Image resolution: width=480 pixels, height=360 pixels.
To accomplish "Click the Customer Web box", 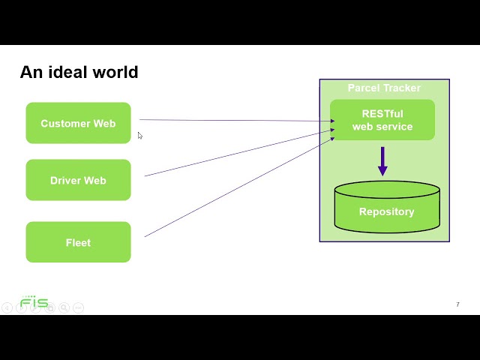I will coord(78,123).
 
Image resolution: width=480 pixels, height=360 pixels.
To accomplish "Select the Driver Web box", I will coord(78,180).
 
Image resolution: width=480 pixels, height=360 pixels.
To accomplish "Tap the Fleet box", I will coord(78,242).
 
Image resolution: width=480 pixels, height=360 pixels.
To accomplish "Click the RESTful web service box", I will coord(382,120).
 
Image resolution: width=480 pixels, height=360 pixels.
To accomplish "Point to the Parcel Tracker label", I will coord(384,88).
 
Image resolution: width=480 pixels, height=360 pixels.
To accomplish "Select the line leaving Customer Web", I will coord(232,120).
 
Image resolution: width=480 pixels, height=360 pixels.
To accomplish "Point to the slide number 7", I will coord(457,304).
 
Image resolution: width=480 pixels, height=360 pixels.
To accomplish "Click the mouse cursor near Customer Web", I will coord(139,136).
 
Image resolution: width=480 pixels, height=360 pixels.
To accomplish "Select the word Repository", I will coord(386,211).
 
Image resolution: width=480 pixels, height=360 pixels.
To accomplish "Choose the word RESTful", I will coord(382,114).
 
